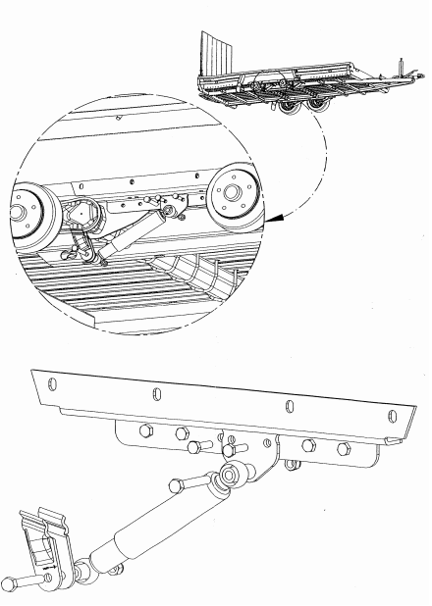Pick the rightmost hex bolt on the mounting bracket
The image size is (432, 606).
344,448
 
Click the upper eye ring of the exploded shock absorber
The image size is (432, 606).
232,477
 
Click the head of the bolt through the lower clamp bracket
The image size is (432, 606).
8,584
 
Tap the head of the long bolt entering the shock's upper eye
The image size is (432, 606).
178,482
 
